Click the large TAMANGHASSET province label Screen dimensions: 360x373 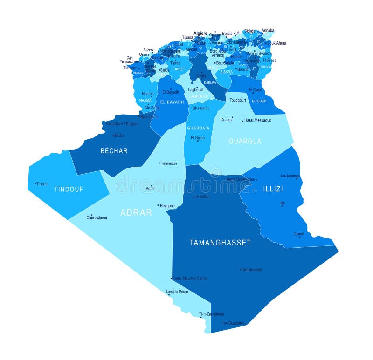tap(220, 243)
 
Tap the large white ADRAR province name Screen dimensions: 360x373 tap(136, 212)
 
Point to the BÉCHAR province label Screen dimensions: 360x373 tap(114, 151)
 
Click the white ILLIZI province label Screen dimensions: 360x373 tap(273, 189)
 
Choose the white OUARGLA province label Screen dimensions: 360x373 tap(245, 141)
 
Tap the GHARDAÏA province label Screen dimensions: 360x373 tap(198, 128)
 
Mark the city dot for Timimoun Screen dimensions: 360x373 tap(159, 163)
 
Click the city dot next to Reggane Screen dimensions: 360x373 tap(159, 205)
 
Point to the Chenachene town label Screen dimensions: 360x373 tap(97, 217)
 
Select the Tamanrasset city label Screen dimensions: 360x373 tap(252, 270)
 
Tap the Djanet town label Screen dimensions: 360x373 tap(299, 234)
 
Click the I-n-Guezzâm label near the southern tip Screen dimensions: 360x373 tap(233, 323)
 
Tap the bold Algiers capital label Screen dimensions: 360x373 tap(200, 34)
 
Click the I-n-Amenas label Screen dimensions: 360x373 tap(290, 176)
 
